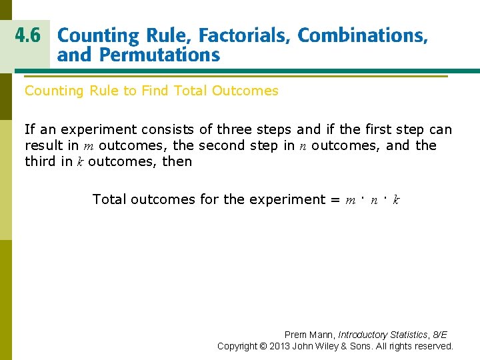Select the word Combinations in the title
363,36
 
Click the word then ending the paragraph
177,161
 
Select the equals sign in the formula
334,199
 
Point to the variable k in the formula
396,199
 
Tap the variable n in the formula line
374,199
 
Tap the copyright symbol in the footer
273,346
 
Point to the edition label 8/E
439,335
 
